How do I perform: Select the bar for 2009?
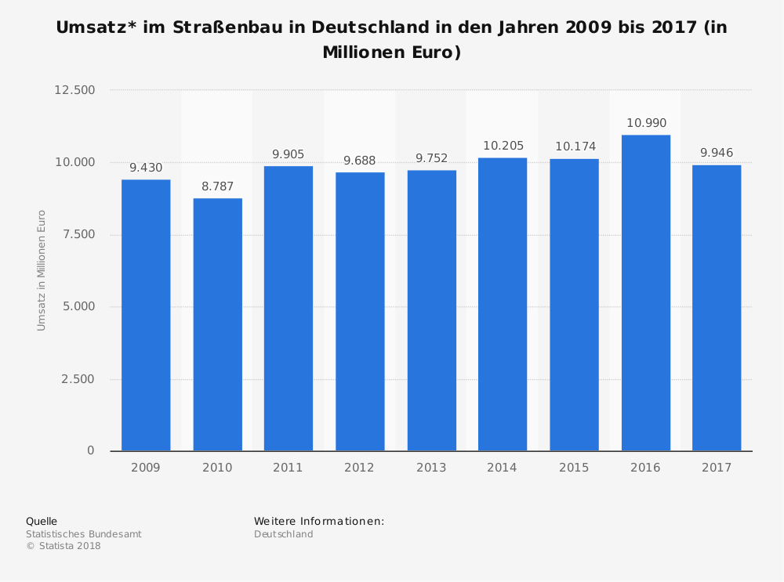pos(146,315)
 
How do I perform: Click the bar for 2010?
pos(217,324)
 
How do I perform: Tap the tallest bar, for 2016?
pos(645,293)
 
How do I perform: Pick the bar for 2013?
pos(431,310)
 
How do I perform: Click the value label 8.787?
pos(217,186)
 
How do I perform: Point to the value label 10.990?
pos(645,123)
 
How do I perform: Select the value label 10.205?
pos(503,146)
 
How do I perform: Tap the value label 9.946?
pos(717,153)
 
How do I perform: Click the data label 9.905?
pos(288,154)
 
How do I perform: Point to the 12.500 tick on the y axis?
pos(74,90)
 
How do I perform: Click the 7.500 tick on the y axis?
pos(78,234)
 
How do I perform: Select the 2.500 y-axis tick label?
pos(78,379)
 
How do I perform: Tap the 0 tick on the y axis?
pos(90,451)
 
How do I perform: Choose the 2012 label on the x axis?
pos(360,468)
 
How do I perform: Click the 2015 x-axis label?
pos(574,468)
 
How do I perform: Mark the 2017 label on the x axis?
pos(717,468)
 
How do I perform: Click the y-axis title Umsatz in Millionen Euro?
pos(42,270)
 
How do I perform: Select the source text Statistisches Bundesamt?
pos(83,534)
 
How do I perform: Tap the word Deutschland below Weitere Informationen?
pos(283,534)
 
